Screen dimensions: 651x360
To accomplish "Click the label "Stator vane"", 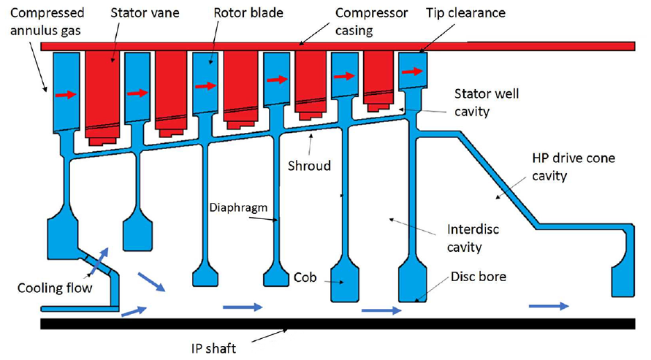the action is point(145,13).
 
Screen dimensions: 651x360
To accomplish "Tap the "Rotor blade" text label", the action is point(248,13).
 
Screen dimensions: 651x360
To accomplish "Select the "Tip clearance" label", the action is point(465,13).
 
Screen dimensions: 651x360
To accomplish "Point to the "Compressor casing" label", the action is point(372,22).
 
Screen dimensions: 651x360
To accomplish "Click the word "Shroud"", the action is point(309,166).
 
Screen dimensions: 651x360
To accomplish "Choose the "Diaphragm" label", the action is point(238,208).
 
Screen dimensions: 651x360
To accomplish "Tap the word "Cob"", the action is point(305,277).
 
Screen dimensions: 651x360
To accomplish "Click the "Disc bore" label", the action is point(479,277).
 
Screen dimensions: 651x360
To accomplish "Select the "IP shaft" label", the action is point(214,348).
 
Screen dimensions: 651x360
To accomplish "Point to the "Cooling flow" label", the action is point(55,288).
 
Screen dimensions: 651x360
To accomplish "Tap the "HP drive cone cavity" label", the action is point(574,166).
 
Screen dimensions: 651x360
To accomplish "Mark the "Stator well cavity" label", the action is point(487,102).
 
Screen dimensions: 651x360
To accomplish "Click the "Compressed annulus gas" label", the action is point(47,22).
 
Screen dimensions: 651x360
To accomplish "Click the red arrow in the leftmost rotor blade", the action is point(66,95).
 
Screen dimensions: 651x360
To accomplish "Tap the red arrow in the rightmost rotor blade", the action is point(413,72).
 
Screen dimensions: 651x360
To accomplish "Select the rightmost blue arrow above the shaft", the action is point(549,306).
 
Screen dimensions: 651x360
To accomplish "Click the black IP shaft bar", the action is point(338,323).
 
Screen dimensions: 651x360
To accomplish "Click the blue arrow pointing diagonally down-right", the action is point(151,282).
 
